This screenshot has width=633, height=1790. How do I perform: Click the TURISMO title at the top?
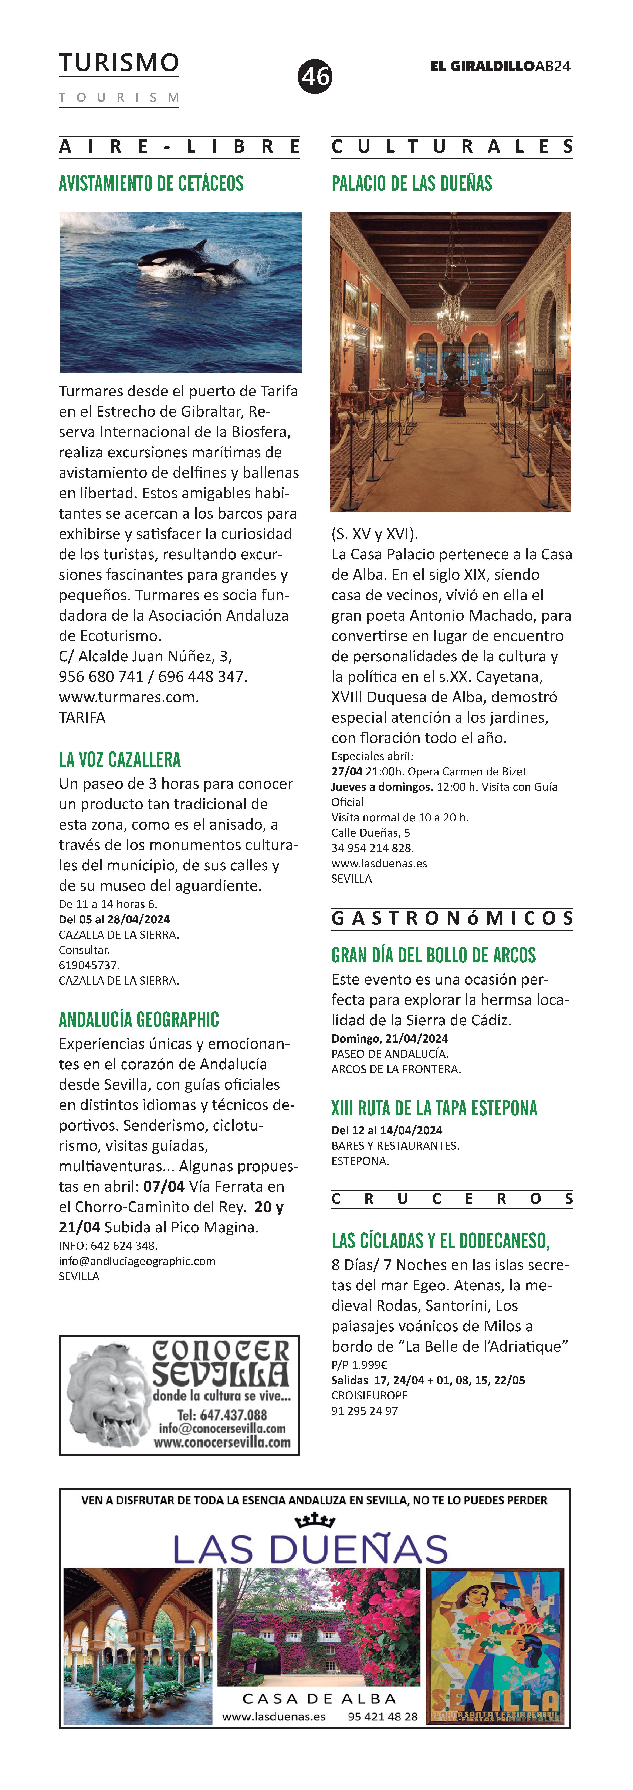coord(119,63)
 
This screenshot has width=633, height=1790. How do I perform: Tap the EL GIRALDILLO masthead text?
coord(482,66)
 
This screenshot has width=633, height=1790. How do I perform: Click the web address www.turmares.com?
coord(129,697)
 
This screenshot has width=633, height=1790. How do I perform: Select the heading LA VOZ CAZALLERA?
coord(119,760)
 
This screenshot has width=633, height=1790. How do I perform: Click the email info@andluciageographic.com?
coord(137,1261)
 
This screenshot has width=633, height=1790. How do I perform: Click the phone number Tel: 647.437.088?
coord(222,1415)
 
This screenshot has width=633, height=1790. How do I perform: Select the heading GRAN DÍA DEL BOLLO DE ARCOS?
coord(434,955)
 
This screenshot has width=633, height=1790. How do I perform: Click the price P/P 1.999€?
coord(359,1365)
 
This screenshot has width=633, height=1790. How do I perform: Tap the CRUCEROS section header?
coord(452,1199)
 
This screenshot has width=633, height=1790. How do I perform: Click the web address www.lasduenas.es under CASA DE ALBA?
coord(274,1716)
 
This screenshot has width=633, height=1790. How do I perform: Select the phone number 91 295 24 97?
coord(365,1411)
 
